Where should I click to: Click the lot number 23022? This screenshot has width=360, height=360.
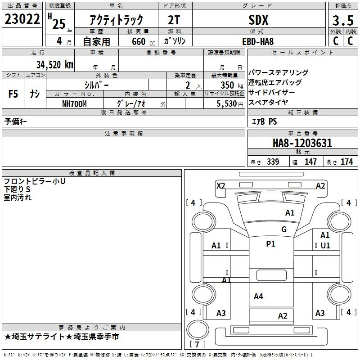click(22, 19)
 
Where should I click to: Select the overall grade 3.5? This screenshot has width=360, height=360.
click(343, 20)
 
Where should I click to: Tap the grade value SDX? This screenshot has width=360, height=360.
click(258, 20)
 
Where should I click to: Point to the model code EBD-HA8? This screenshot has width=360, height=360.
click(258, 41)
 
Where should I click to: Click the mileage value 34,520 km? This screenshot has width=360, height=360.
click(54, 65)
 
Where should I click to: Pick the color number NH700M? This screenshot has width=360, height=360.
click(74, 104)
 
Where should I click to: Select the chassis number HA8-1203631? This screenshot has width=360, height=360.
click(302, 143)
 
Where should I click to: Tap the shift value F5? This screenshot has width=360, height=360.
click(13, 94)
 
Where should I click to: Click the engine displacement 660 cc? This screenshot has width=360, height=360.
click(143, 42)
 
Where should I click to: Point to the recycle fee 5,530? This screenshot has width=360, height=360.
click(226, 104)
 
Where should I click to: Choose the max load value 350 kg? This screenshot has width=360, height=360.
click(232, 85)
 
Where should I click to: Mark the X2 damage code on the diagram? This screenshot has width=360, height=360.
click(220, 186)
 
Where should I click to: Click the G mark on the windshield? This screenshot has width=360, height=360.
click(284, 229)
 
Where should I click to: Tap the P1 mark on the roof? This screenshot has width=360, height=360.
click(270, 244)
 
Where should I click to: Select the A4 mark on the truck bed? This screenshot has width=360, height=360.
click(258, 297)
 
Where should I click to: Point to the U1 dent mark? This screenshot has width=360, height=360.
click(325, 246)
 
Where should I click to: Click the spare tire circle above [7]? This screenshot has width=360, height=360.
click(198, 329)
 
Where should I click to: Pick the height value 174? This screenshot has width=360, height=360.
click(346, 162)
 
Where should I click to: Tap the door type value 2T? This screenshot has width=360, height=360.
click(174, 20)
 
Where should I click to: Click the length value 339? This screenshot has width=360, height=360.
click(273, 162)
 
